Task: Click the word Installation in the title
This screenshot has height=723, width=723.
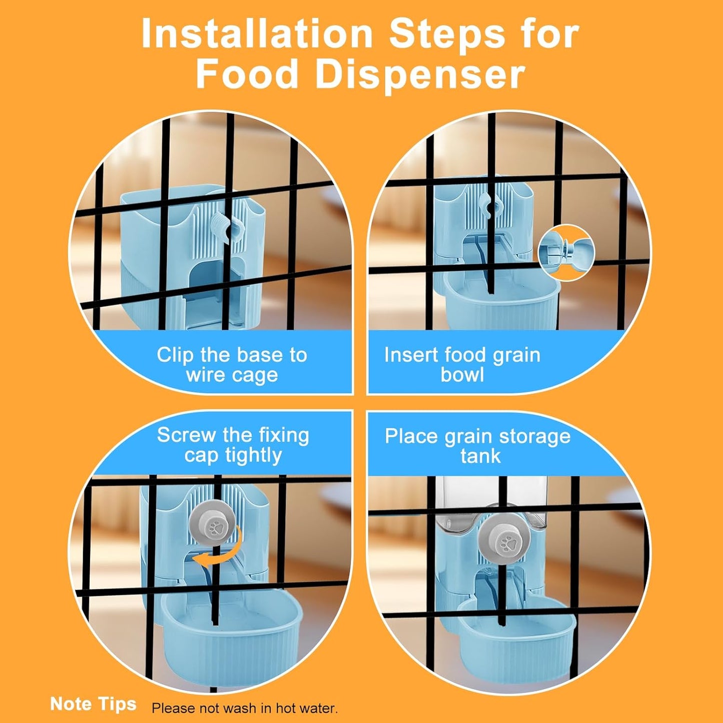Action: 257,35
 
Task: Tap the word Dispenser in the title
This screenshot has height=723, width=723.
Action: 421,74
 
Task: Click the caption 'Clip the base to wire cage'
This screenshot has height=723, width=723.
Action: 232,365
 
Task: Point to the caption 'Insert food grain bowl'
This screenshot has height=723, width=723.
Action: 462,365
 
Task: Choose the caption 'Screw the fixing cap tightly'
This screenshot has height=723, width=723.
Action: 233,445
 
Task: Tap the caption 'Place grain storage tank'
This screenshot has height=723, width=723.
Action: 478,446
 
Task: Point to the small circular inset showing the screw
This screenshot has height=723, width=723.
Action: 566,253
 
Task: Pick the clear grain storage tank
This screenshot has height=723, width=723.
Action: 492,503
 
